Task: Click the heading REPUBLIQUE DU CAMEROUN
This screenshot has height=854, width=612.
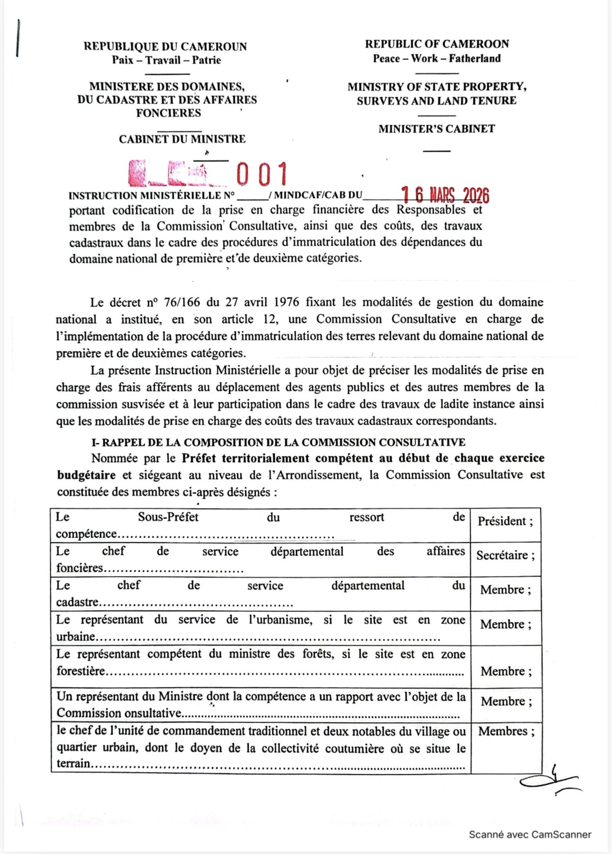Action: coord(165,46)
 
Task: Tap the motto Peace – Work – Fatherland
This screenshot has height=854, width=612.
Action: coord(436,59)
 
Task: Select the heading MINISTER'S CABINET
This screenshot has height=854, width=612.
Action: coord(436,129)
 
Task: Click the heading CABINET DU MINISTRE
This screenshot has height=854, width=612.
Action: coord(182,139)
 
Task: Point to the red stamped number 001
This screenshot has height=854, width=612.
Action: coord(262,174)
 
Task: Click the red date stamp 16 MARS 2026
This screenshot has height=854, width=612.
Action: coord(445,195)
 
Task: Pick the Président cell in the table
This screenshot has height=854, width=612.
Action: coord(505,521)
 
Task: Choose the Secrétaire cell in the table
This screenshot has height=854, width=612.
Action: coord(505,556)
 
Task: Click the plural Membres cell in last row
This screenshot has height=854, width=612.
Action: coord(506,732)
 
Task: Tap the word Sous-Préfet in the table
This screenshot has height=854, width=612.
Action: coord(168,517)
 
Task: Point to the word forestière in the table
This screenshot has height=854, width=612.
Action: coord(81,671)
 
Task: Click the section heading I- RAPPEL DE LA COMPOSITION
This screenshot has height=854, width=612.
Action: coord(278,443)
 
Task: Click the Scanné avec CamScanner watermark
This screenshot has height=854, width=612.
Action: coord(530,835)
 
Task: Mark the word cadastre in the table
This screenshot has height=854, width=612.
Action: coord(77,603)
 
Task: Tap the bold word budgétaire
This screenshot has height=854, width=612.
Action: coord(86,475)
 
